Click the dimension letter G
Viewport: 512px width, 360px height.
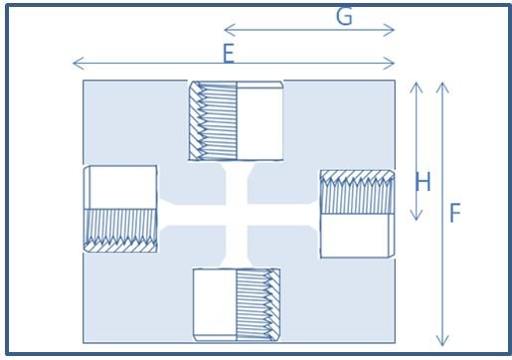344,17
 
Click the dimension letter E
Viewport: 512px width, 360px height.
229,54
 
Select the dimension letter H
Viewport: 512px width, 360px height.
423,182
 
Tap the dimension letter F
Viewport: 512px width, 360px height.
455,213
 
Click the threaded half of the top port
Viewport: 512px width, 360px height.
213,120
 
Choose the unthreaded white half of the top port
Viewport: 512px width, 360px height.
259,120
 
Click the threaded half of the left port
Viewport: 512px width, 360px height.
120,231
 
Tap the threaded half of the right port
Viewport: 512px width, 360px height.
357,192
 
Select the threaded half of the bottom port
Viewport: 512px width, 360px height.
258,304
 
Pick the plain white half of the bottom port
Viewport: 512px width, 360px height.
215,304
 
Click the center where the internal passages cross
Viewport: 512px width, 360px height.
237,215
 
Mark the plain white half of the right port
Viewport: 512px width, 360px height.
357,236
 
